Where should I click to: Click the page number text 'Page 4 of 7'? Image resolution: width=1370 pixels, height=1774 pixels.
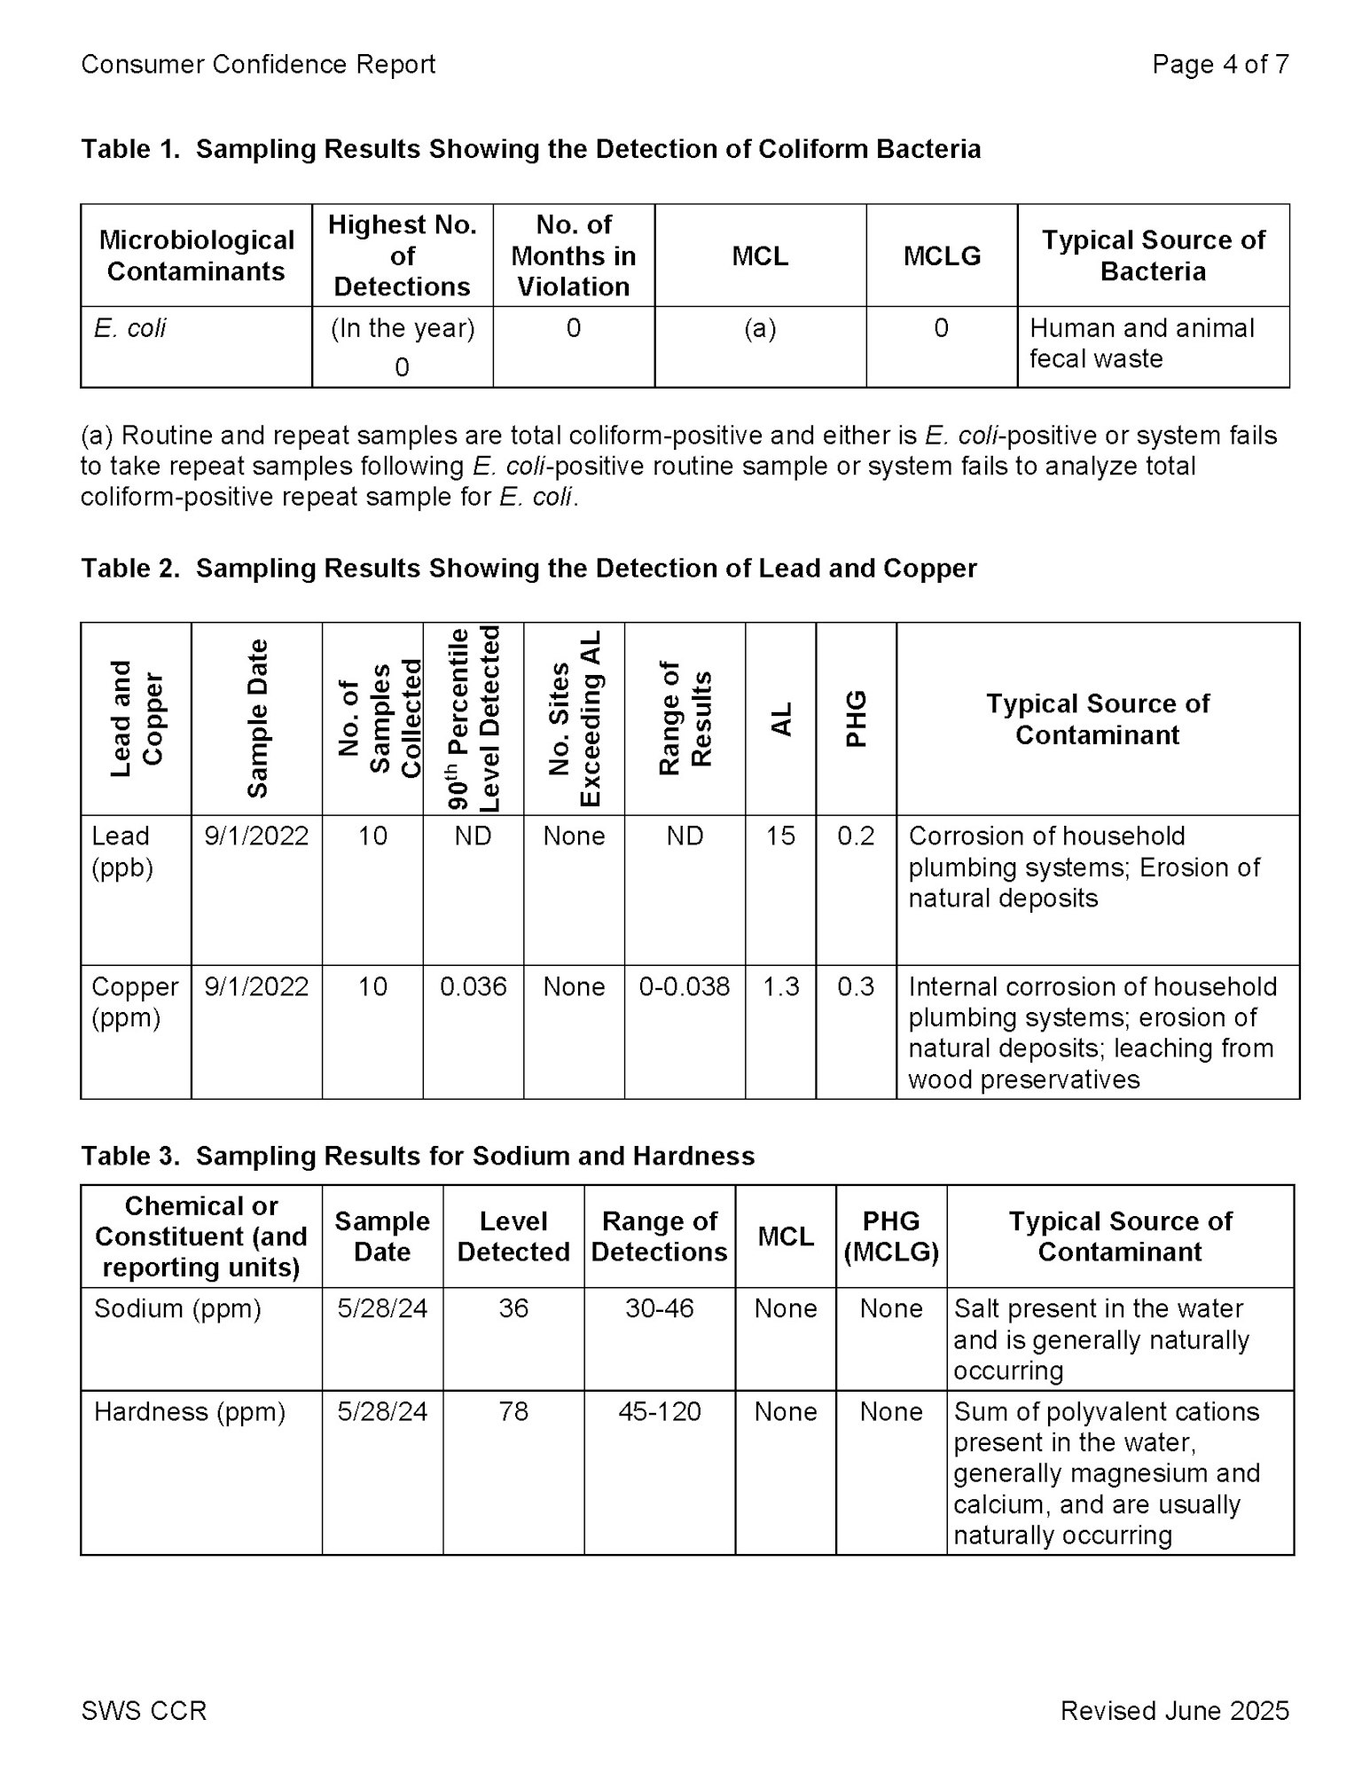(x=1219, y=65)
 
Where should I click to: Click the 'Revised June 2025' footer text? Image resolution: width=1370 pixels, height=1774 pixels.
(x=1174, y=1710)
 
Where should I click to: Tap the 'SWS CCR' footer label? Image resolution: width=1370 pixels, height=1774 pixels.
(x=144, y=1710)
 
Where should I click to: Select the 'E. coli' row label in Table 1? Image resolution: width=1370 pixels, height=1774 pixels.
(x=130, y=328)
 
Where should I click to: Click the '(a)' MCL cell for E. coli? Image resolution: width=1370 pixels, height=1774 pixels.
(x=760, y=328)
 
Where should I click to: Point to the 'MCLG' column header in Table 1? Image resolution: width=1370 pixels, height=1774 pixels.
(x=942, y=256)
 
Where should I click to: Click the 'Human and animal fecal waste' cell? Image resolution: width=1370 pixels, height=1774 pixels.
(x=1141, y=343)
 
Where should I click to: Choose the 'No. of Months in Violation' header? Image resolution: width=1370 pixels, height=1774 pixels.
(x=574, y=256)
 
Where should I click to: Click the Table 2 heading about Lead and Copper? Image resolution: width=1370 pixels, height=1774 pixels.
(x=528, y=569)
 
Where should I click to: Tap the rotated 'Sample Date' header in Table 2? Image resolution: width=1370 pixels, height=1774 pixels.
(x=257, y=718)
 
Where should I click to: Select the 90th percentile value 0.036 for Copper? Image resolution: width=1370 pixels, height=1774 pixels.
(x=474, y=986)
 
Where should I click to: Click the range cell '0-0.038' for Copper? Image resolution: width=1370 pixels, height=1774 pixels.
(x=685, y=986)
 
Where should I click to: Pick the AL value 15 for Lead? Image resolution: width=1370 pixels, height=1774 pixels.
(x=780, y=836)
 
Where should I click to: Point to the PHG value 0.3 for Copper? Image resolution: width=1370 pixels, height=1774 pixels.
(x=856, y=986)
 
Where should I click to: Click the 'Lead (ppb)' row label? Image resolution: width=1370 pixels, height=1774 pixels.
(x=122, y=852)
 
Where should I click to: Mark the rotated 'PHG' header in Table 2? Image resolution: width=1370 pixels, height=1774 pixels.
(x=856, y=718)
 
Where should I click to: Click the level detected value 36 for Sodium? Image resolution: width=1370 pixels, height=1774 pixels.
(x=513, y=1308)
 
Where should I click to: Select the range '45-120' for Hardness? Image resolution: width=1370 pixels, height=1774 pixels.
(x=660, y=1411)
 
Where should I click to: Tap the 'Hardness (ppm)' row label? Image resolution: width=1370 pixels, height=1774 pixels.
(x=190, y=1411)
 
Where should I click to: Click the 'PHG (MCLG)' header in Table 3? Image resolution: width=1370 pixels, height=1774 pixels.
(x=891, y=1236)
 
